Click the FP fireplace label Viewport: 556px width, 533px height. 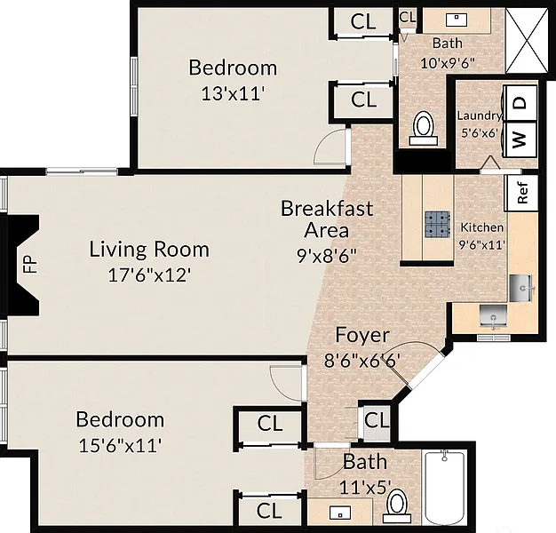pos(31,264)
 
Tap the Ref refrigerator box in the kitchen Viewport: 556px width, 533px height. pos(521,193)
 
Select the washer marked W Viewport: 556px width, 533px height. pos(520,139)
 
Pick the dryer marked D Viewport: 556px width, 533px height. pos(520,103)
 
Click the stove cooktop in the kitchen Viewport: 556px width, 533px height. pos(438,224)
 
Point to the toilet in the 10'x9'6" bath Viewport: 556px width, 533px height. pos(423,129)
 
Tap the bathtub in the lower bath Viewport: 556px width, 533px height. pos(444,488)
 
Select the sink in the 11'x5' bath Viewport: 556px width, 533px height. pos(340,513)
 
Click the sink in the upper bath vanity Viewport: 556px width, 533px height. pos(457,20)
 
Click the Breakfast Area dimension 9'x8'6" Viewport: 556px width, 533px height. pos(327,255)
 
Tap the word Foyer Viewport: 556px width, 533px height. pos(362,336)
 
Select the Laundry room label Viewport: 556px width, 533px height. pos(479,115)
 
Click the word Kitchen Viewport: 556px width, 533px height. pos(482,227)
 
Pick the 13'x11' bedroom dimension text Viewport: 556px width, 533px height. pos(233,94)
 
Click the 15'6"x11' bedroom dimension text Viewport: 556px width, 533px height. pos(120,445)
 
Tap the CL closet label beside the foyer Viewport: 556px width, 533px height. pos(377,420)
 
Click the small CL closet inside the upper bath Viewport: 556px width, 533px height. pos(408,17)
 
